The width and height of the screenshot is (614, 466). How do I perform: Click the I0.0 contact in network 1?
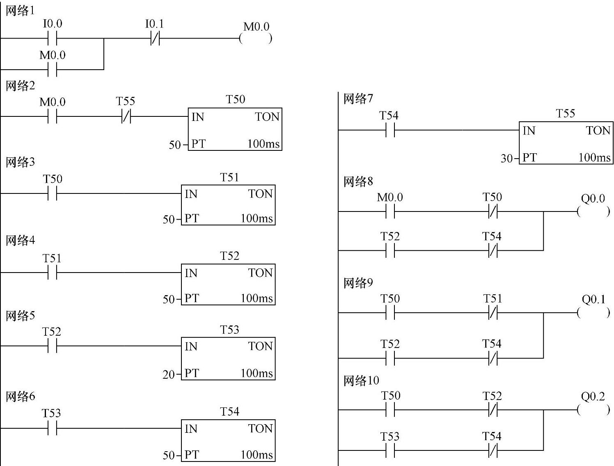[52, 39]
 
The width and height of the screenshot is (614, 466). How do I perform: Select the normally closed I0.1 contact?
[155, 39]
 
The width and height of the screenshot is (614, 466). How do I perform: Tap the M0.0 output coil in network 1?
[256, 39]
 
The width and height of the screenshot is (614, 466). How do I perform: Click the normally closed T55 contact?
[126, 117]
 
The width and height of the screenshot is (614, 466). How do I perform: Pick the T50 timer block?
[235, 129]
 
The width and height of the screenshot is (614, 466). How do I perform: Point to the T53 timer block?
[228, 359]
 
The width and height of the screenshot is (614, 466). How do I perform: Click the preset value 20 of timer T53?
[169, 374]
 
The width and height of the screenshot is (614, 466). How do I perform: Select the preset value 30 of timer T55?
[506, 158]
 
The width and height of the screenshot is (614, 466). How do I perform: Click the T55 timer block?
[566, 143]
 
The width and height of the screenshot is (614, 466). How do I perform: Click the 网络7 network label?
[358, 98]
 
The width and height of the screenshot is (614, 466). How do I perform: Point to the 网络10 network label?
[361, 381]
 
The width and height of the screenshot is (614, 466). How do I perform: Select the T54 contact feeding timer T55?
[390, 131]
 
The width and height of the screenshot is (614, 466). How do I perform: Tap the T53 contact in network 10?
[390, 451]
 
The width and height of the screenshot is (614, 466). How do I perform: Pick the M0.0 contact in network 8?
[390, 212]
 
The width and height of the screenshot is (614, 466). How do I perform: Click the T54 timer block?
[228, 441]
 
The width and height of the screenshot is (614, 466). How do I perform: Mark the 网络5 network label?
[20, 316]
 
